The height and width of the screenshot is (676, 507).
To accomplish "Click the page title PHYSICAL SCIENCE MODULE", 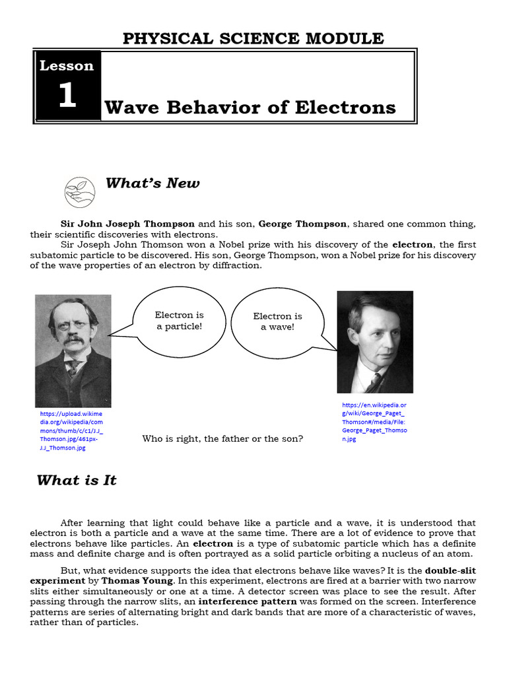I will click(253, 38).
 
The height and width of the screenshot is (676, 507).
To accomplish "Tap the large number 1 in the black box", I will click(67, 96).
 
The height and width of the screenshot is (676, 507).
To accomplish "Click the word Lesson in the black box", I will click(67, 65).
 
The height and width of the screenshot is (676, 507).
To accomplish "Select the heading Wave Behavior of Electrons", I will click(250, 107).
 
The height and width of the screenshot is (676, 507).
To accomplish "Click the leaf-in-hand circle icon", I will click(79, 192).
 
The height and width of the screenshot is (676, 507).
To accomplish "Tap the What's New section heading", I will click(152, 183).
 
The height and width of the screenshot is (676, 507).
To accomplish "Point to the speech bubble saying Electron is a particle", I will click(178, 321).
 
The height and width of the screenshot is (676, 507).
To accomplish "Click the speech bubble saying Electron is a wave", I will click(277, 321).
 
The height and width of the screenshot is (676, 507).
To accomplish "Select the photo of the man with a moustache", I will click(73, 351).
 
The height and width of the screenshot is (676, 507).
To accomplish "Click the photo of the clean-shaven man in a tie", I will click(375, 342).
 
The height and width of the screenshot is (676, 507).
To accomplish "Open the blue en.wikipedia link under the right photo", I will click(374, 421).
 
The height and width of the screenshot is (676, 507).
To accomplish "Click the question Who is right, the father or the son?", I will click(222, 438).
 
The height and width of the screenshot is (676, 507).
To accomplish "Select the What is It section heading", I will click(77, 480).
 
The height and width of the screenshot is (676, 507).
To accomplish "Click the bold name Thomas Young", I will click(147, 580).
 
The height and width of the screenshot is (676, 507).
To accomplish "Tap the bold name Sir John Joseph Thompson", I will click(127, 224).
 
